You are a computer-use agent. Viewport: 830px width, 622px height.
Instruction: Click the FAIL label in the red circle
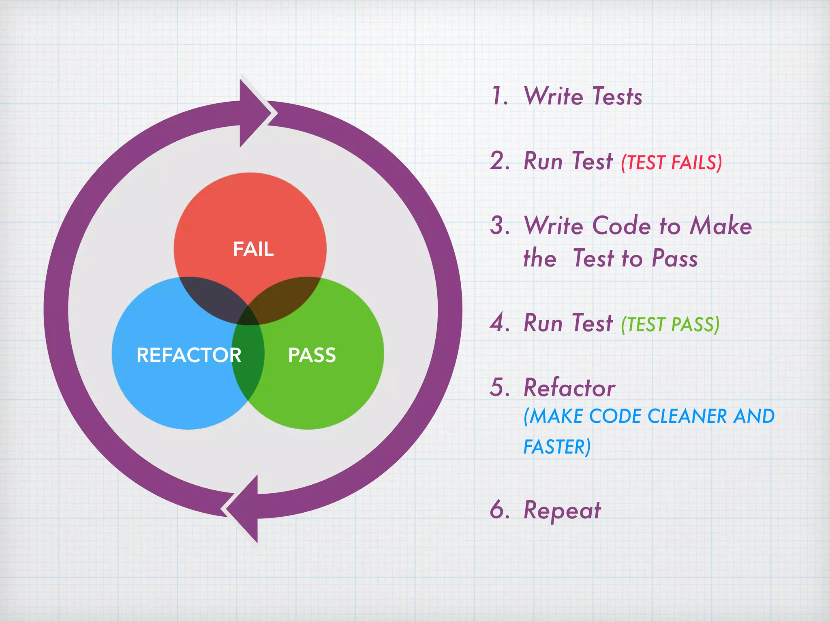(x=253, y=249)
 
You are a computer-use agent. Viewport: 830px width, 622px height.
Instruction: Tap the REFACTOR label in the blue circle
(x=189, y=355)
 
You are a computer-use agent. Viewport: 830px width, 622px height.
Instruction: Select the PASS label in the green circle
(x=312, y=355)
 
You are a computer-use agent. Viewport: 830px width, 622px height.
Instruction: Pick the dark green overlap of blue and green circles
(x=248, y=356)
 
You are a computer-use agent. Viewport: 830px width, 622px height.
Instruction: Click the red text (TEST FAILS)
(x=672, y=163)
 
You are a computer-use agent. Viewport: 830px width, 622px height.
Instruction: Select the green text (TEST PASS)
(x=670, y=325)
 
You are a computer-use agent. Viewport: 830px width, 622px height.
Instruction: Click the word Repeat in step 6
(x=562, y=510)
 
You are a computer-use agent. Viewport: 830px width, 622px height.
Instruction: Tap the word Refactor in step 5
(x=569, y=388)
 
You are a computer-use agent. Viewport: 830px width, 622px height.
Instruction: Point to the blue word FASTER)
(x=557, y=447)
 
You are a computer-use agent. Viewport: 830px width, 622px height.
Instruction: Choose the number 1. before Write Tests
(x=500, y=96)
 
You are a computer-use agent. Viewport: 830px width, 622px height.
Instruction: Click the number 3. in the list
(x=500, y=226)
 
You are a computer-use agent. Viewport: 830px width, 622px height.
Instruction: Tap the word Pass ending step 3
(x=675, y=258)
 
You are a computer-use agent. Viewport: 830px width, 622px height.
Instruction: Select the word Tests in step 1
(x=617, y=96)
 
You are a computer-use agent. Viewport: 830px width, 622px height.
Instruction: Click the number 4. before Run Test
(x=500, y=323)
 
